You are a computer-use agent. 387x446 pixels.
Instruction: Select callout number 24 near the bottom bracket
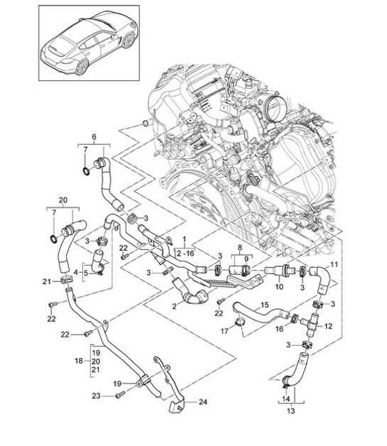pyautogui.click(x=202, y=402)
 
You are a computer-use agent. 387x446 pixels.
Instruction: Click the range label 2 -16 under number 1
pyautogui.click(x=186, y=252)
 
